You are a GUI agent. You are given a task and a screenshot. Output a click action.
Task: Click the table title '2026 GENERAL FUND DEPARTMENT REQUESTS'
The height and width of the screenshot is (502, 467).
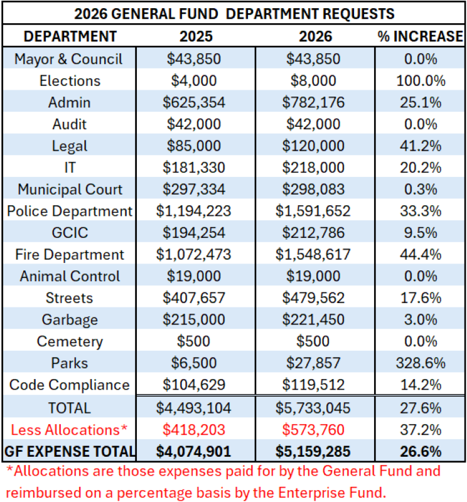tap(233, 13)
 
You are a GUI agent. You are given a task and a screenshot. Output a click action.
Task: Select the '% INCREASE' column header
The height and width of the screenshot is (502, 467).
tap(420, 36)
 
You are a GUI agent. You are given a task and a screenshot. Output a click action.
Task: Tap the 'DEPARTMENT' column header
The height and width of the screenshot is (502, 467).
tap(70, 36)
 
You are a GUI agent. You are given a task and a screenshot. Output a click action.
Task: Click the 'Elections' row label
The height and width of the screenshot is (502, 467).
tap(70, 81)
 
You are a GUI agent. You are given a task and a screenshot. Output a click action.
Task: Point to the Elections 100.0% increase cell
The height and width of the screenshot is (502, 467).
tap(420, 81)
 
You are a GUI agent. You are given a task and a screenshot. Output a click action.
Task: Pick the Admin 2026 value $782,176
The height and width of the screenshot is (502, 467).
tap(315, 102)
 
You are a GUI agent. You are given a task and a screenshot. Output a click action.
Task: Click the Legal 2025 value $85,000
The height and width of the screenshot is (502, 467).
tap(193, 146)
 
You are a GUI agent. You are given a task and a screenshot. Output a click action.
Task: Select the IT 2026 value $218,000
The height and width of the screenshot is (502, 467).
tap(315, 168)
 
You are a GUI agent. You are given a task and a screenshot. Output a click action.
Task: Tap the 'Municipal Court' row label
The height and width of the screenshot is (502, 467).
tap(70, 190)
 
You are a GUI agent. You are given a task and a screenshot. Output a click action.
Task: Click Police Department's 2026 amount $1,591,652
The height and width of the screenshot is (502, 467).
tap(315, 211)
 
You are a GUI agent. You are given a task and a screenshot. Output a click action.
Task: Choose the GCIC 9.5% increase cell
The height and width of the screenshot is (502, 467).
tap(420, 233)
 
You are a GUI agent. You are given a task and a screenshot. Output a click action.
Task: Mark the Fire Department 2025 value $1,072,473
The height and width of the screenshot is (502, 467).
tap(193, 255)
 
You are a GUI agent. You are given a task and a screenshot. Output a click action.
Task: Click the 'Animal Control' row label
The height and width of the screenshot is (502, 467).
tap(70, 277)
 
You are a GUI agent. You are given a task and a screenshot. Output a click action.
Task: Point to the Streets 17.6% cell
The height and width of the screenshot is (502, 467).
tap(420, 298)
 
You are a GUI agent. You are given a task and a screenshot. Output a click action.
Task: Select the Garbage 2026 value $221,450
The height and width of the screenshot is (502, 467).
tap(315, 320)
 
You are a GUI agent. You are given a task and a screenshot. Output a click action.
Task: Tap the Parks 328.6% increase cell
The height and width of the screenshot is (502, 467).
tap(420, 363)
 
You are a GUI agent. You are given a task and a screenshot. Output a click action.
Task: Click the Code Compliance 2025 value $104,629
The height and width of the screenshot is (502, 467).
tap(193, 385)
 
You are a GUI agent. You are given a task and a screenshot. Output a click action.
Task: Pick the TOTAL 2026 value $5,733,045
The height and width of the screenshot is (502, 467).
tap(315, 408)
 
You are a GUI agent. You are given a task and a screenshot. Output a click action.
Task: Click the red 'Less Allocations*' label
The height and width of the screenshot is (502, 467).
tap(70, 429)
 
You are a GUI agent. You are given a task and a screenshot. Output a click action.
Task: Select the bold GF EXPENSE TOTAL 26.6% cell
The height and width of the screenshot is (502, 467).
tap(420, 451)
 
